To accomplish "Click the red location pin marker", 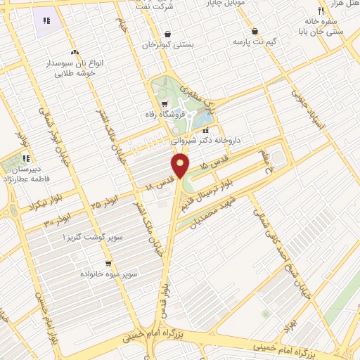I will coord(181,166).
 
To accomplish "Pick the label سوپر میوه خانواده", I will coord(112,272).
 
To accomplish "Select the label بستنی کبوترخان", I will coord(167,44).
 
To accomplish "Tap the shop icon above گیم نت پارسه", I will coord(254,32).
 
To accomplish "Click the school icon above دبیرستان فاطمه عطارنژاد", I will coord(26,158).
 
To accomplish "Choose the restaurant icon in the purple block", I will coord(46,22).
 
